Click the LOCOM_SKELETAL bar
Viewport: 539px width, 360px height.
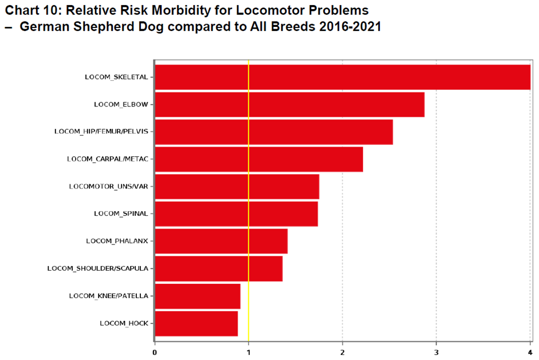pyautogui.click(x=342, y=77)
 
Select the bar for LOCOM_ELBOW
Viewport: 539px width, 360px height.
pyautogui.click(x=289, y=105)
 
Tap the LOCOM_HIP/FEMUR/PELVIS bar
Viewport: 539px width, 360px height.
pyautogui.click(x=273, y=132)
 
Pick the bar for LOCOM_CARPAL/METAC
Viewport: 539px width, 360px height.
pyautogui.click(x=258, y=159)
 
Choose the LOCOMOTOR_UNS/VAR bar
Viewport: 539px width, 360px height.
pyautogui.click(x=237, y=187)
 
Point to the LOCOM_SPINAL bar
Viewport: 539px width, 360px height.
pyautogui.click(x=236, y=213)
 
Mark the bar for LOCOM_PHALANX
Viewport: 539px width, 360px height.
pyautogui.click(x=221, y=241)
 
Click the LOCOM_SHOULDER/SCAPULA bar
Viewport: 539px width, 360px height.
pyautogui.click(x=218, y=268)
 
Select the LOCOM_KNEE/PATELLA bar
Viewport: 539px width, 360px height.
pyautogui.click(x=197, y=296)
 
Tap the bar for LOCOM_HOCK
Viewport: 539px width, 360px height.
pyautogui.click(x=196, y=323)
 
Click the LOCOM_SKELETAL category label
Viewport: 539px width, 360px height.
pyautogui.click(x=116, y=77)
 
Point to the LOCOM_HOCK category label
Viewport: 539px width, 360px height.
pyautogui.click(x=124, y=323)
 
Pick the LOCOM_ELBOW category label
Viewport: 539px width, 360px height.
pyautogui.click(x=121, y=104)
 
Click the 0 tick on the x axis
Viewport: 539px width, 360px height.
pyautogui.click(x=155, y=351)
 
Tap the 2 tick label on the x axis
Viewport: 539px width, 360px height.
pyautogui.click(x=343, y=351)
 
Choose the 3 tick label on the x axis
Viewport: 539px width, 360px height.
pyautogui.click(x=436, y=351)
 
